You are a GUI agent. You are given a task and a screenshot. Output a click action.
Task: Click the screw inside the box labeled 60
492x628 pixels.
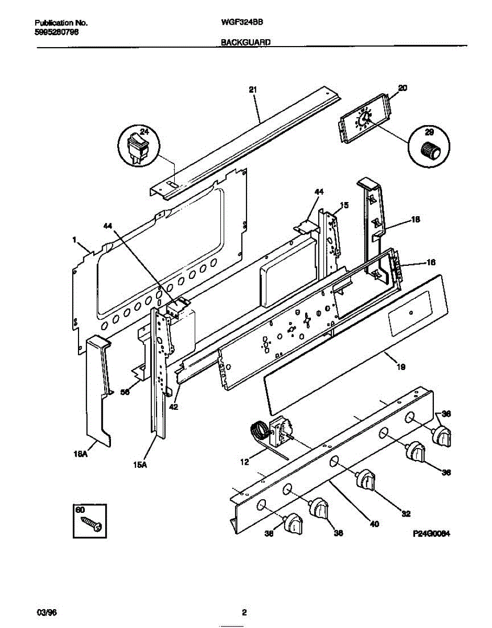(92, 523)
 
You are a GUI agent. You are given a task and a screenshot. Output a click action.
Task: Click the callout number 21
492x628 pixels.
(253, 90)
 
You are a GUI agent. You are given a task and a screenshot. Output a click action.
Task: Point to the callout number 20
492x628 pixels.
(402, 88)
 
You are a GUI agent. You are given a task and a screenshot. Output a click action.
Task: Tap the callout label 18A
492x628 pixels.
(87, 456)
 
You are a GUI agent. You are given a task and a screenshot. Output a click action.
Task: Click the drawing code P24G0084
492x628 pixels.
(432, 534)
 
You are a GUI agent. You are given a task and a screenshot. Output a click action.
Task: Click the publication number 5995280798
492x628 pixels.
(57, 32)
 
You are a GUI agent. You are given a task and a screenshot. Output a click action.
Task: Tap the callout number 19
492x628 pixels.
(400, 367)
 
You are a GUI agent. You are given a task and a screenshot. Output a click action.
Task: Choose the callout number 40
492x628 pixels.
(374, 523)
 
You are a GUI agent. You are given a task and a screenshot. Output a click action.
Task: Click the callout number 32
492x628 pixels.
(405, 513)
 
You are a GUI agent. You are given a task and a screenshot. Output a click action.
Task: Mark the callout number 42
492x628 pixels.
(174, 407)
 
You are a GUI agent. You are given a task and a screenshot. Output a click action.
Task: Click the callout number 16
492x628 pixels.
(431, 262)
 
